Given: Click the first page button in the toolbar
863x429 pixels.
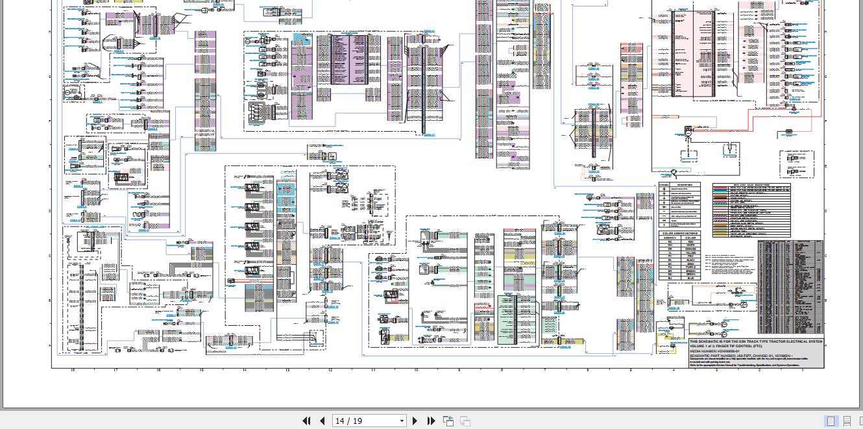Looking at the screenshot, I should (x=307, y=421).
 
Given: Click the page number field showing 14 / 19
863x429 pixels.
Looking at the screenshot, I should (x=364, y=421).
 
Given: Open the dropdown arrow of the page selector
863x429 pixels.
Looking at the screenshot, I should (x=402, y=421).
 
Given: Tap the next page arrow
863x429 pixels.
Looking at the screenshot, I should (x=415, y=421).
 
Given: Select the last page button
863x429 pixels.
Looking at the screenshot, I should (x=430, y=421).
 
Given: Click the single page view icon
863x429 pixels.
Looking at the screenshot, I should (x=831, y=421).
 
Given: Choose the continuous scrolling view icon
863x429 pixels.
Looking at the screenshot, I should (x=847, y=421).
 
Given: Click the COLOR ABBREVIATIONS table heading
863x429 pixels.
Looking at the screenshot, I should (x=680, y=233).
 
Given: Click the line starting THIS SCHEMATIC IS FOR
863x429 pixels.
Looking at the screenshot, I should (x=755, y=341).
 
